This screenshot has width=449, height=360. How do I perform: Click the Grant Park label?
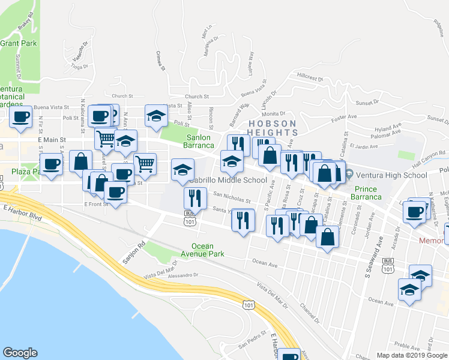tap(19, 43)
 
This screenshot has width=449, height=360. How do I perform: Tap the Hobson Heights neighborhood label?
tap(273, 128)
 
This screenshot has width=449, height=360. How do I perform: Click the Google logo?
tap(20, 353)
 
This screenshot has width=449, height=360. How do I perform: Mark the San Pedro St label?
tap(252, 344)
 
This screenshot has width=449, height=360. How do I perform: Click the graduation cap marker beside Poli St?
tap(156, 116)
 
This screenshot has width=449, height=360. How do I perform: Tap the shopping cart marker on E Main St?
tap(105, 139)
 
